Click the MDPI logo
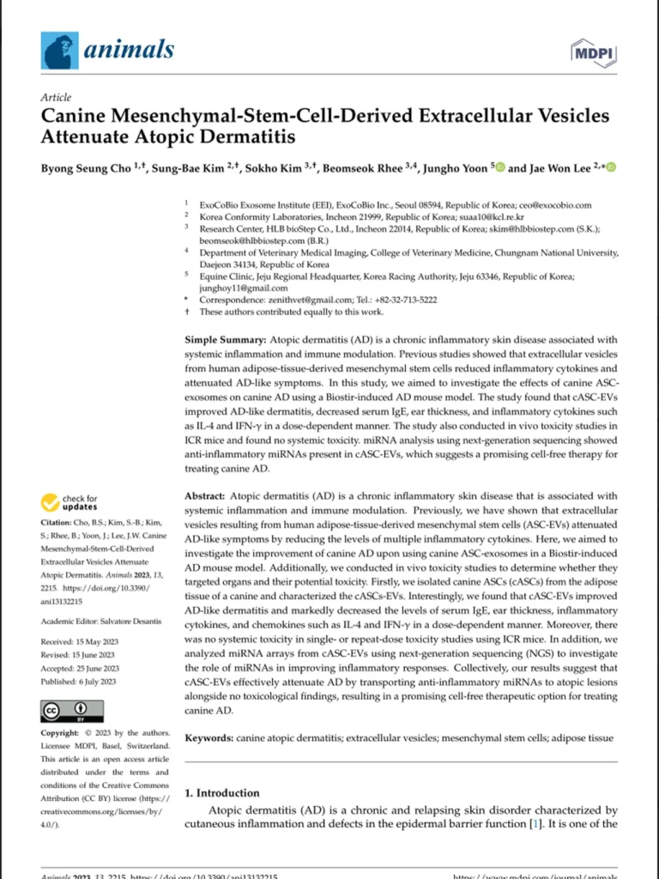(x=595, y=53)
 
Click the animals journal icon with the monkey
(x=59, y=51)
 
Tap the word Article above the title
(x=56, y=98)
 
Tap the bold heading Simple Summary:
(x=225, y=340)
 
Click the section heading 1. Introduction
(x=222, y=792)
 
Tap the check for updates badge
(x=70, y=502)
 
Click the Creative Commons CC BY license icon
(x=72, y=711)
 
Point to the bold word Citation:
(x=58, y=523)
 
